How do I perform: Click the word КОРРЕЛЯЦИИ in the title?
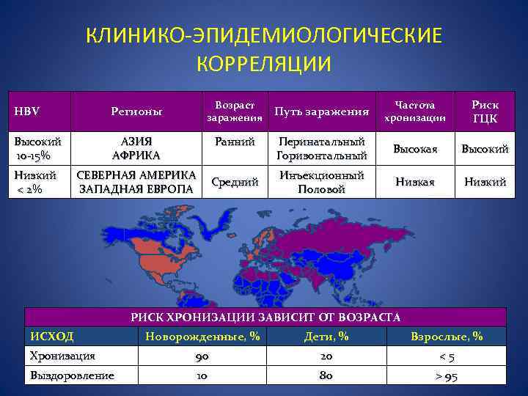point(264,63)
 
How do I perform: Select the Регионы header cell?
point(136,111)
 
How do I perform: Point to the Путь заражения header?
point(320,111)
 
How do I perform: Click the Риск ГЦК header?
point(484,111)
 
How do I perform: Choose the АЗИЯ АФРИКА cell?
point(136,149)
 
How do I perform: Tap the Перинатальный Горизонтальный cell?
point(320,149)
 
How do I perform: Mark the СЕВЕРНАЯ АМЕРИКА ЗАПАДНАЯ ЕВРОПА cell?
point(136,183)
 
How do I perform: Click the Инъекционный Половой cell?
point(320,183)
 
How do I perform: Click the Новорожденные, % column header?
point(203,337)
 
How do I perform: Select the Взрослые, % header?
point(447,337)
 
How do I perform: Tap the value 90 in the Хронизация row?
point(203,356)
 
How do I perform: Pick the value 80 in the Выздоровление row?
point(326,375)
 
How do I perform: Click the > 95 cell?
point(447,376)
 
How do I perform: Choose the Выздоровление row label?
point(72,375)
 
